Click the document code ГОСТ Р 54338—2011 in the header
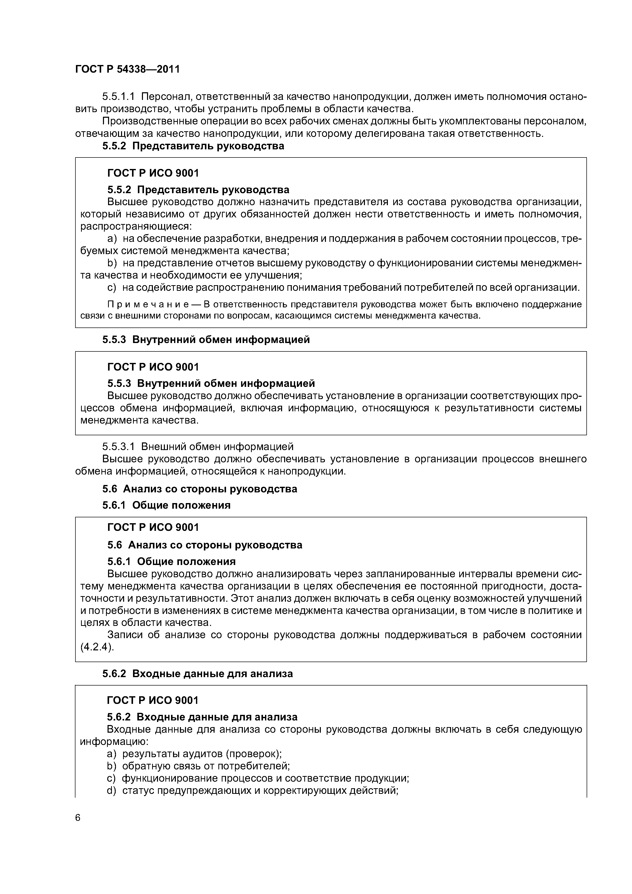127,69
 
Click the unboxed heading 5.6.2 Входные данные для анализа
197,673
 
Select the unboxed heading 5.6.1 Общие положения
166,505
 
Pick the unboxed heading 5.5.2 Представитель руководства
193,146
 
